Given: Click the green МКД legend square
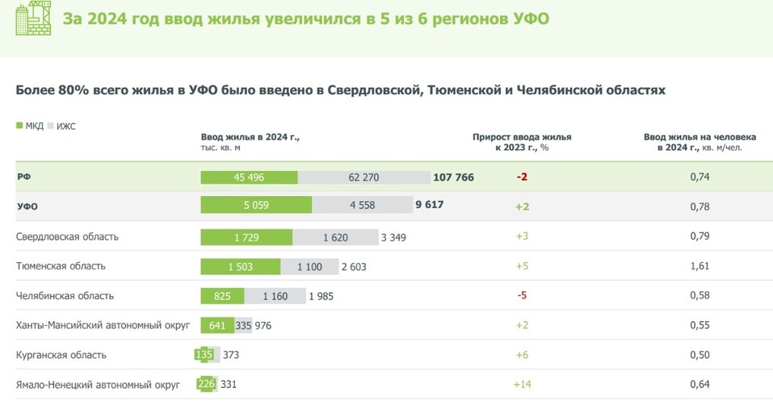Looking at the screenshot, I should [x=19, y=126].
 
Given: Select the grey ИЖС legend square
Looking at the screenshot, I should [x=50, y=126].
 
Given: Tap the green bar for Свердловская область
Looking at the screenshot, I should [x=246, y=236].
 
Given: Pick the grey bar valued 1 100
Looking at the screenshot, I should [x=309, y=266].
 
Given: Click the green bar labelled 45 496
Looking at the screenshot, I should [x=249, y=177].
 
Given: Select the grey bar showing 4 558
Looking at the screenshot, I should [x=362, y=206].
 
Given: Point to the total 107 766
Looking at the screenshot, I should [x=453, y=177].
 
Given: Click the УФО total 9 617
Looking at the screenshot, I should [x=429, y=206].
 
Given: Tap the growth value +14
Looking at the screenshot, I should [x=522, y=384].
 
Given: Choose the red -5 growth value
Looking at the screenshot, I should [x=522, y=296].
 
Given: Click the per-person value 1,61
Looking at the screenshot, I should [x=699, y=266].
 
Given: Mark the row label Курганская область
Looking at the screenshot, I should [x=61, y=355].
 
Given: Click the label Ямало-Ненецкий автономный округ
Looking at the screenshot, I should [x=98, y=384].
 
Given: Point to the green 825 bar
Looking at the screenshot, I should [x=222, y=296].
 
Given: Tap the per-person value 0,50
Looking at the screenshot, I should [x=699, y=355].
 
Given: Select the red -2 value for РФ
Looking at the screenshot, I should [x=522, y=177].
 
